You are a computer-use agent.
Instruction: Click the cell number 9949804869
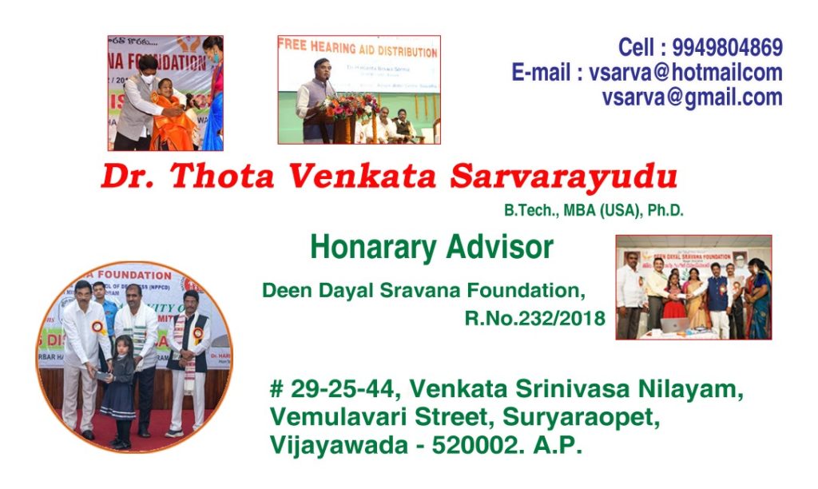727,48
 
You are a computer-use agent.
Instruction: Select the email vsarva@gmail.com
692,97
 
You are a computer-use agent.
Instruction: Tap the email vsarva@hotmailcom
685,73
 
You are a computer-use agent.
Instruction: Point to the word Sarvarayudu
563,177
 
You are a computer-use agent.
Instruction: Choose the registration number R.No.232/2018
534,319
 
